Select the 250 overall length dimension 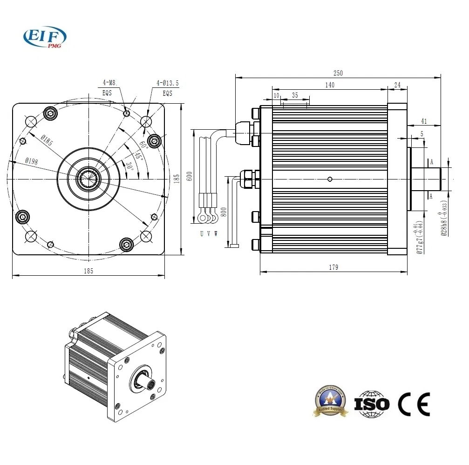click(338, 73)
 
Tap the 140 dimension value click(329, 85)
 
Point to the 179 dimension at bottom click(333, 267)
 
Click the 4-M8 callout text click(109, 83)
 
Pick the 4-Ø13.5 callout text click(167, 83)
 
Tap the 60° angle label click(143, 145)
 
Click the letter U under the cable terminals click(202, 233)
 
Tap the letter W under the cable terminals click(216, 233)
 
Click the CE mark click(414, 404)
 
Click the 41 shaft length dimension click(424, 121)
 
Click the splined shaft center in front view click(88, 179)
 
